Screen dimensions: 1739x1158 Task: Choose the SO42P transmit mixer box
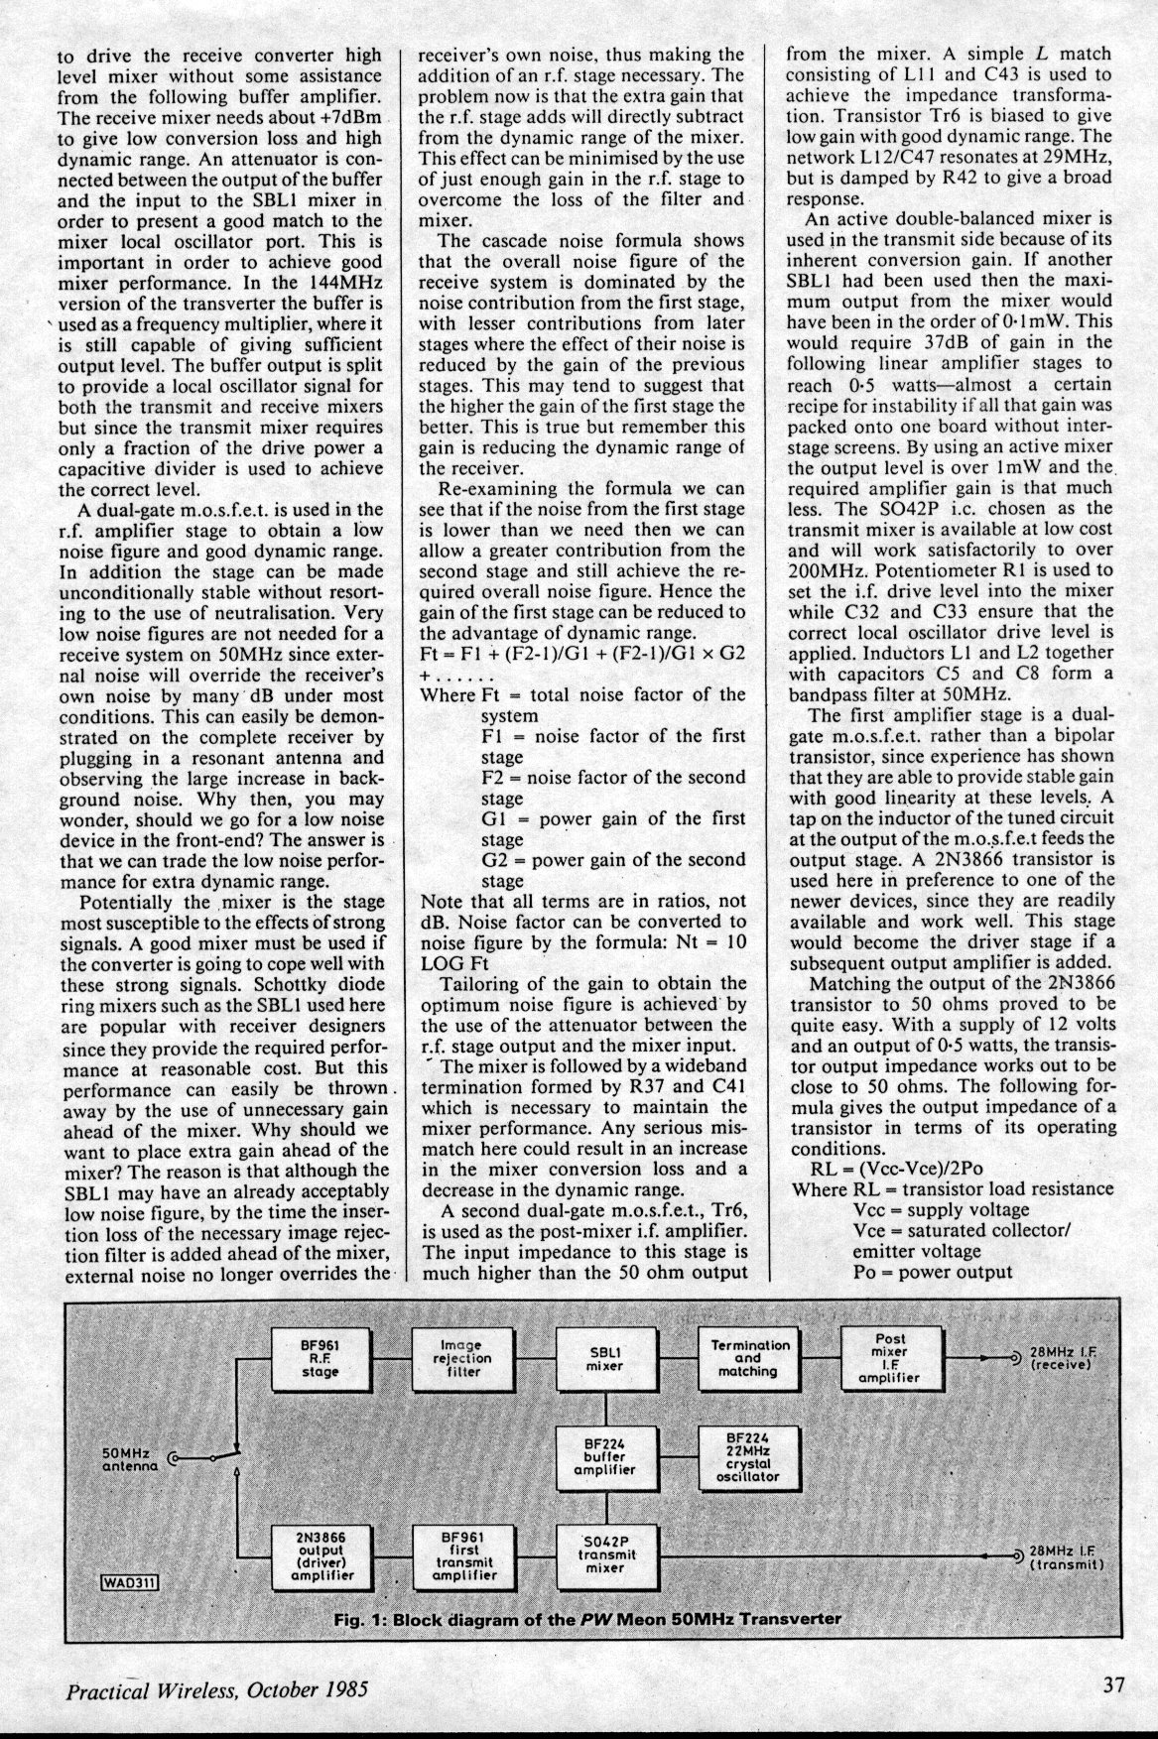point(605,1555)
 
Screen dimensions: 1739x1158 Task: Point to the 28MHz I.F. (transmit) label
point(1068,1557)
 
